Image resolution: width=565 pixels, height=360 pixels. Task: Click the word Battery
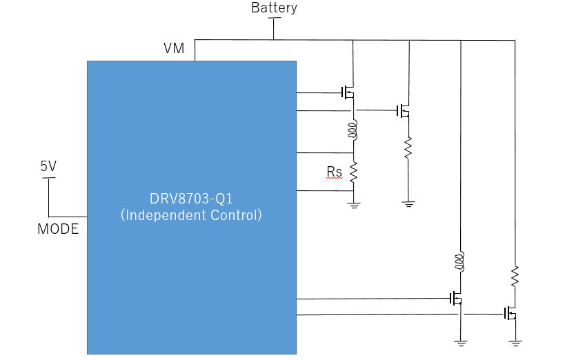pyautogui.click(x=274, y=8)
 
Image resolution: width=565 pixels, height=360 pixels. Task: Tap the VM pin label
pyautogui.click(x=174, y=48)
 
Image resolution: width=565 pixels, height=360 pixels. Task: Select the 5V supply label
pyautogui.click(x=49, y=166)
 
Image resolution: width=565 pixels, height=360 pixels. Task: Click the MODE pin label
pyautogui.click(x=58, y=229)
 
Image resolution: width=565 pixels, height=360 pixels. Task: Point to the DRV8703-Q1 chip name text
pyautogui.click(x=191, y=199)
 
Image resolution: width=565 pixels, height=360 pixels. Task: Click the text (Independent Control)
pyautogui.click(x=191, y=215)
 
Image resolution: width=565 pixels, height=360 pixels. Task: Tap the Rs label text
pyautogui.click(x=335, y=172)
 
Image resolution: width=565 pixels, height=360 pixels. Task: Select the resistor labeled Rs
pyautogui.click(x=353, y=172)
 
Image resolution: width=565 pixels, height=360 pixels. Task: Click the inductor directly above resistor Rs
pyautogui.click(x=353, y=130)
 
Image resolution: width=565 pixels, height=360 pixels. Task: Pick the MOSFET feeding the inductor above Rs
pyautogui.click(x=348, y=92)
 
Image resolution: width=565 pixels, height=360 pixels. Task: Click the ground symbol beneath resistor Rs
pyautogui.click(x=354, y=206)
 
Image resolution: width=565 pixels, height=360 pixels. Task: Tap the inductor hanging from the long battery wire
pyautogui.click(x=459, y=261)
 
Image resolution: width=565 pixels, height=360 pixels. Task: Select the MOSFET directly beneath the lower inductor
pyautogui.click(x=456, y=299)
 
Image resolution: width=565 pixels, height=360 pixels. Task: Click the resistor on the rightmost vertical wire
pyautogui.click(x=515, y=277)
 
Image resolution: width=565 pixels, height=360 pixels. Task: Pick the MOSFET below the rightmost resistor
pyautogui.click(x=511, y=314)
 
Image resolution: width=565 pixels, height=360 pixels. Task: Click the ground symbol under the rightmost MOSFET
pyautogui.click(x=515, y=343)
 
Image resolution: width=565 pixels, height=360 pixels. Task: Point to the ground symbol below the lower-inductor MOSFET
pyautogui.click(x=461, y=343)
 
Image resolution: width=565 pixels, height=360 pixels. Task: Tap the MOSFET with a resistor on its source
pyautogui.click(x=403, y=110)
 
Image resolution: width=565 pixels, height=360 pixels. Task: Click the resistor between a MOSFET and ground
pyautogui.click(x=408, y=148)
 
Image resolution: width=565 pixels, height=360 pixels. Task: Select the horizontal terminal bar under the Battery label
pyautogui.click(x=274, y=18)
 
